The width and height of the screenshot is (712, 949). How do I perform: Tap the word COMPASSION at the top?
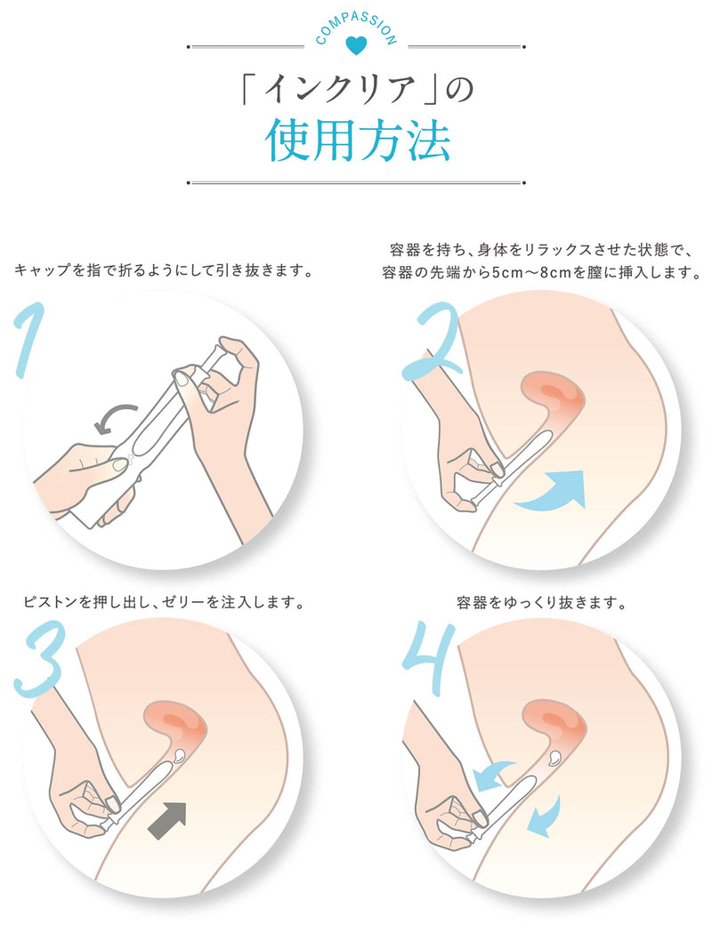(x=356, y=28)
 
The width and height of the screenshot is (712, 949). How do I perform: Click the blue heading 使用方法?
(x=357, y=141)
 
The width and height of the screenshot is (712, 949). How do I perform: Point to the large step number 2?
(x=431, y=342)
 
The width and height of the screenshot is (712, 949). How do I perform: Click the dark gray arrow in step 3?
(x=167, y=820)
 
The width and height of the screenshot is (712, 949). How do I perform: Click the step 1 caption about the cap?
(x=164, y=269)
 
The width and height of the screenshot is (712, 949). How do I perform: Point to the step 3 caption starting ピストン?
(x=164, y=603)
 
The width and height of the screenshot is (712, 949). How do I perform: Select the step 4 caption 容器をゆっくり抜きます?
(x=541, y=603)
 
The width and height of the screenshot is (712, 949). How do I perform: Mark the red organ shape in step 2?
(x=552, y=397)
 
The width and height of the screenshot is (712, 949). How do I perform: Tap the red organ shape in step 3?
(x=177, y=729)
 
